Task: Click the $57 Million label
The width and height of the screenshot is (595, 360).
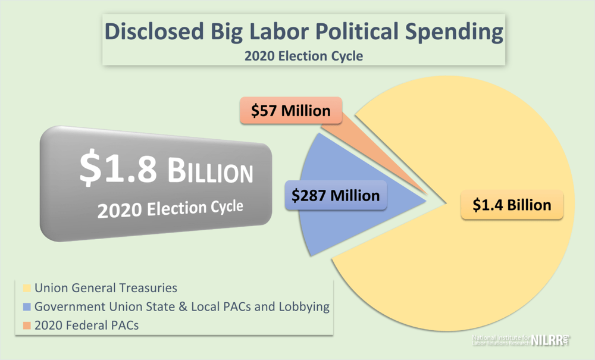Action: [x=291, y=111]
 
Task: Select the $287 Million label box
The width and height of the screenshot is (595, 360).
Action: [x=336, y=195]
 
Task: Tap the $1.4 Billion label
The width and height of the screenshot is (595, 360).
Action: [x=512, y=205]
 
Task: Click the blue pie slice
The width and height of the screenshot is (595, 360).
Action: [x=315, y=226]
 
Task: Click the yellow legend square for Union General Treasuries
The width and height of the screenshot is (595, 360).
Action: [x=27, y=289]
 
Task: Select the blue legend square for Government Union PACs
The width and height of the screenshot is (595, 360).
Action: [x=27, y=307]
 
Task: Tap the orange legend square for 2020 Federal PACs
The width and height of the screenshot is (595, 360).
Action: [x=27, y=325]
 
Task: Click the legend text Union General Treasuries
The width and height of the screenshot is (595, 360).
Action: [x=106, y=289]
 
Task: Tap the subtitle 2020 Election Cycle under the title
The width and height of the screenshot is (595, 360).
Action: [x=303, y=57]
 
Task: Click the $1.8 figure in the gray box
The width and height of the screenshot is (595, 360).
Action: [x=118, y=168]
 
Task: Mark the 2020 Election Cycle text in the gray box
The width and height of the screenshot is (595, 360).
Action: [x=170, y=209]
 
